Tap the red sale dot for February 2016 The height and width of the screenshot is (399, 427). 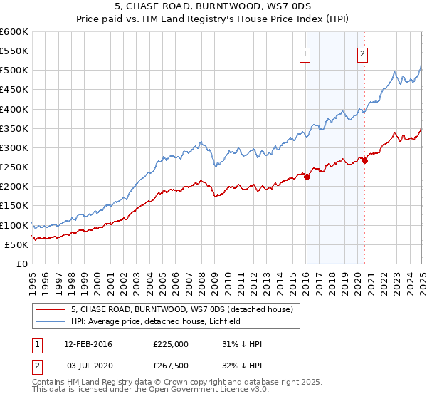click(x=307, y=177)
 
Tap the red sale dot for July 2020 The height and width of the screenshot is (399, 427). click(x=364, y=161)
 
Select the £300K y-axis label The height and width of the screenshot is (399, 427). click(x=14, y=148)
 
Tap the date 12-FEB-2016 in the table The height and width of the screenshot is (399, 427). click(x=88, y=344)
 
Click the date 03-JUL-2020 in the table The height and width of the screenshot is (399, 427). click(x=88, y=366)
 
